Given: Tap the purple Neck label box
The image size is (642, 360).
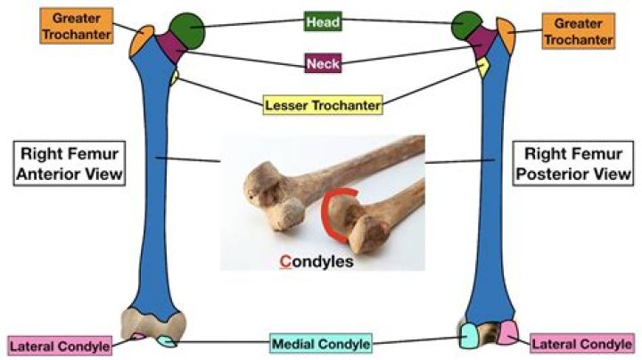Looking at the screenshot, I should point(322,64).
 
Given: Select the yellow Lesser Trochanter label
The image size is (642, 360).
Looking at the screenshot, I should point(322,105).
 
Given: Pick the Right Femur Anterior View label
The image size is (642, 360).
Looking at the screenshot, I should point(68,161).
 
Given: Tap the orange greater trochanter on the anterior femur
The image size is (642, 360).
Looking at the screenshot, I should point(142,40).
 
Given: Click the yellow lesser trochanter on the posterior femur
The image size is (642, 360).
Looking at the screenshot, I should point(483,67).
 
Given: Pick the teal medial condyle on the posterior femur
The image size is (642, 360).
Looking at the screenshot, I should point(469,336).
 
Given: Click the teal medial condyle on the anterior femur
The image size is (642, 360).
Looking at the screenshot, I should point(166,340).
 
